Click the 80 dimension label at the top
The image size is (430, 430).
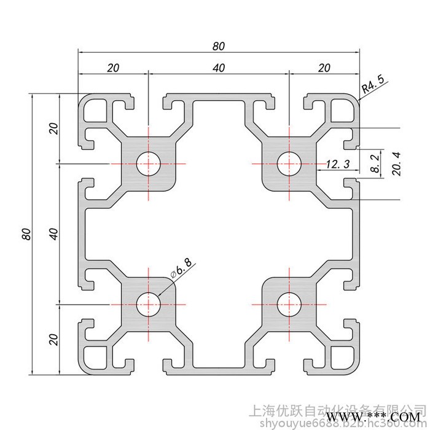[219, 46]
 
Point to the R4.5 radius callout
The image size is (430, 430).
[372, 85]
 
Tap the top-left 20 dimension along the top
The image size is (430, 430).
[112, 68]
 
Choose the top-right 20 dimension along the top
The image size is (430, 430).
[324, 68]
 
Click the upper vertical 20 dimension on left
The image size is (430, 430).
[53, 129]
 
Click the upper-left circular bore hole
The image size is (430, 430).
[148, 164]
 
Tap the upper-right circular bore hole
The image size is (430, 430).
[288, 164]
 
